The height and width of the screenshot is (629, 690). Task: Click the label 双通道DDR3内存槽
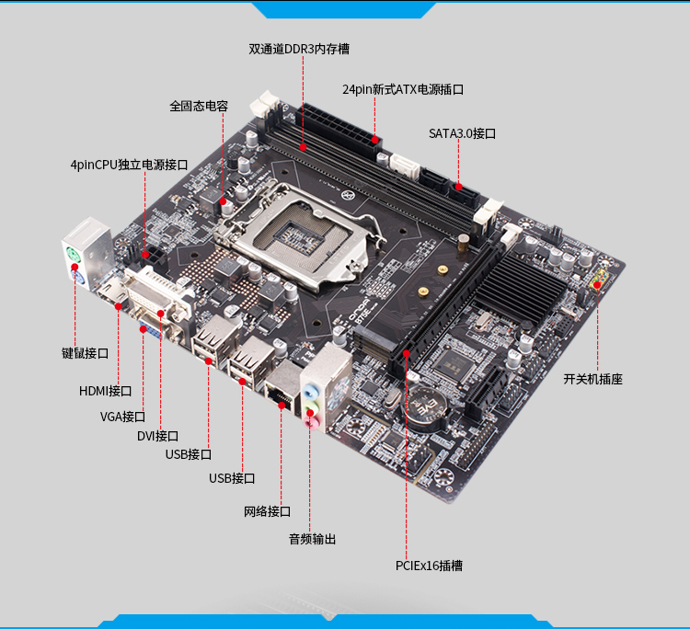299,49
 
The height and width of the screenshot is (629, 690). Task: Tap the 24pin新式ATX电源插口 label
403,89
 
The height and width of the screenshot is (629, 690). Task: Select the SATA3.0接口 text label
463,133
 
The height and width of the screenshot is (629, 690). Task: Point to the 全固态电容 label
199,106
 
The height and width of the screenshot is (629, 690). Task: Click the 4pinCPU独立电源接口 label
130,165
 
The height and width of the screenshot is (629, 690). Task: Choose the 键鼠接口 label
85,353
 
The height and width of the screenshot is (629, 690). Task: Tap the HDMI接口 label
105,391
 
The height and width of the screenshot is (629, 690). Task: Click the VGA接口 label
122,416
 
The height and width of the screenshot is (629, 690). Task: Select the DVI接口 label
157,436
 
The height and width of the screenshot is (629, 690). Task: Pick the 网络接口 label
267,511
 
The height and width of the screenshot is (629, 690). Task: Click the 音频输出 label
313,539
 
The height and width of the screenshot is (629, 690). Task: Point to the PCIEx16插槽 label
429,566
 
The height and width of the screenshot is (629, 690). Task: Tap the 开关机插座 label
593,379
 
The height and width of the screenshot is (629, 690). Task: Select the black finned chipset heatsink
521,287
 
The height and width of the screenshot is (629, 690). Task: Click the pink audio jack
311,424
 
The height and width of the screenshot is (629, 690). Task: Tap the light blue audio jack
311,391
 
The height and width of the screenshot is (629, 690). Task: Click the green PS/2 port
73,255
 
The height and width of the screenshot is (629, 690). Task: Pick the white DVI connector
157,294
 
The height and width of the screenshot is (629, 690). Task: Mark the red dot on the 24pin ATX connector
375,140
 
